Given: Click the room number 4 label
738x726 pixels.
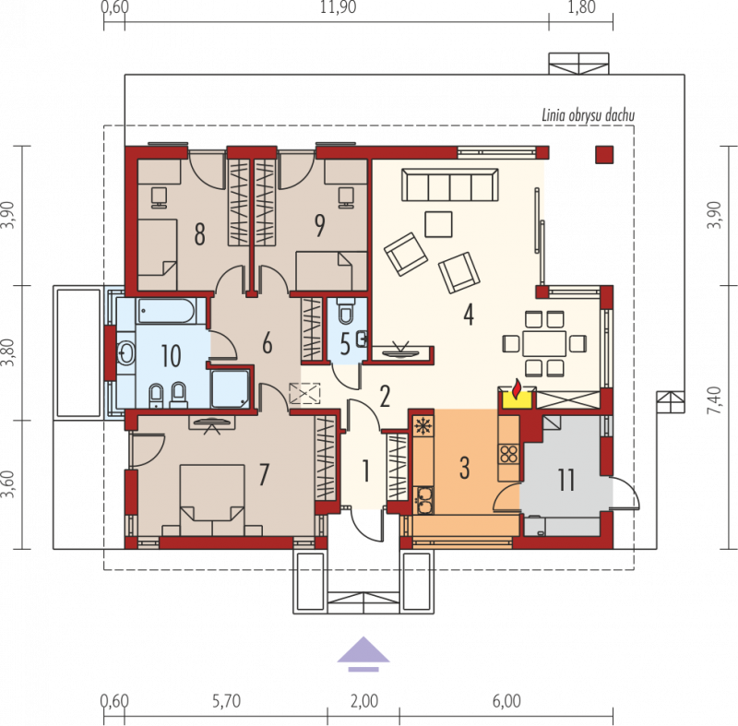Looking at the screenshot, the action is [469, 315].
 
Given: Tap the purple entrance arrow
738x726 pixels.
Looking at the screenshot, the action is [363, 653].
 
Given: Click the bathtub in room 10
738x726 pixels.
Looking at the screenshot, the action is [166, 311].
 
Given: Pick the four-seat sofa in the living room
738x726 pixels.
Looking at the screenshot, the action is [450, 184].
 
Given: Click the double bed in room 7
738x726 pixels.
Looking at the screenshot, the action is [212, 500].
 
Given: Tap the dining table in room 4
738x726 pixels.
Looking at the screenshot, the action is [544, 343].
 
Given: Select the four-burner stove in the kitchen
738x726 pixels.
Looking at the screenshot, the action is [509, 454].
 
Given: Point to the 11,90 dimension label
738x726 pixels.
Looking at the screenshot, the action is [338, 7].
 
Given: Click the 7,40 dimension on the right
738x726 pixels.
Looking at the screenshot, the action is [714, 400].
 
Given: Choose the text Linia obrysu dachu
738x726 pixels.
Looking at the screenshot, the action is [588, 115].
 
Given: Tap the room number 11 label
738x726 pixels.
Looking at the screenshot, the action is [566, 480].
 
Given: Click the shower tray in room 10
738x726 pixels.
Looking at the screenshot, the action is [230, 388].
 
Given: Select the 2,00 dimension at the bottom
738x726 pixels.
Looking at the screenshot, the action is [364, 701].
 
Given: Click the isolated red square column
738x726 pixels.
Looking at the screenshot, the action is [604, 155].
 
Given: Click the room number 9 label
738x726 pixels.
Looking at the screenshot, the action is [320, 225].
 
